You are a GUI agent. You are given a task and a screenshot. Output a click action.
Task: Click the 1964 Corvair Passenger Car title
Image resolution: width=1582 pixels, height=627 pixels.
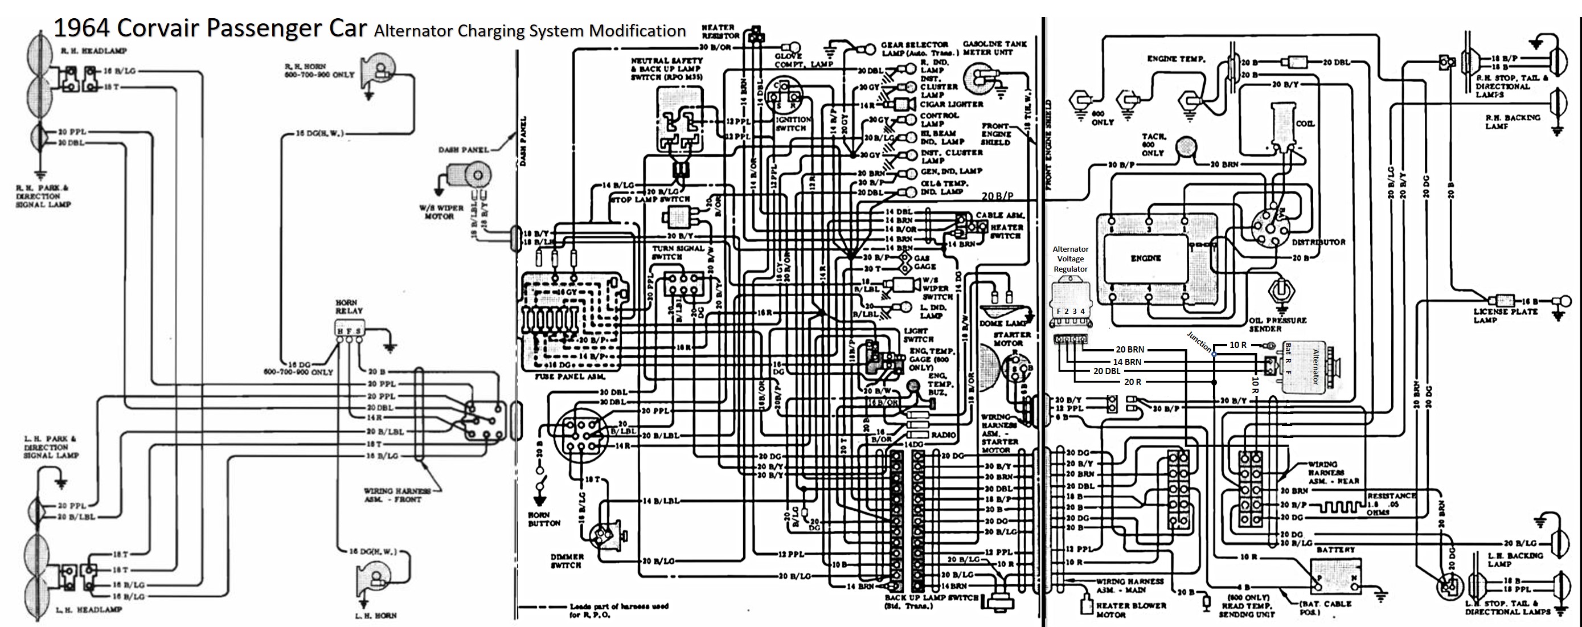tap(210, 28)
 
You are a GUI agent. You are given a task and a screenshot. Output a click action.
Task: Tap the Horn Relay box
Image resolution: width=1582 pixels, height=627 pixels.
tap(350, 329)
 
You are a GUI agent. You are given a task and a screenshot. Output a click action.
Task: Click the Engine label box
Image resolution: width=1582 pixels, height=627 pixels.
tap(1145, 259)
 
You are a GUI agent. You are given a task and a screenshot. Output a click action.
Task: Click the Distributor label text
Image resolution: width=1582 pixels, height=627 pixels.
tap(1318, 243)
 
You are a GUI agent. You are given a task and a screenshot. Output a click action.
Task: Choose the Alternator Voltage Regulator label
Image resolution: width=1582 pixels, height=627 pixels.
tap(1071, 259)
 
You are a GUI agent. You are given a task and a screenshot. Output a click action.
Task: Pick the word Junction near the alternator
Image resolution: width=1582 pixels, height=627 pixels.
tap(1199, 342)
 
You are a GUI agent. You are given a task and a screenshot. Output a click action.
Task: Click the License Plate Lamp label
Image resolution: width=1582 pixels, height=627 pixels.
tap(1505, 315)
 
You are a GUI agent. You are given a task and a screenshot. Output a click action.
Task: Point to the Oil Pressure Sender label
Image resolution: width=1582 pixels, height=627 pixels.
tap(1277, 324)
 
